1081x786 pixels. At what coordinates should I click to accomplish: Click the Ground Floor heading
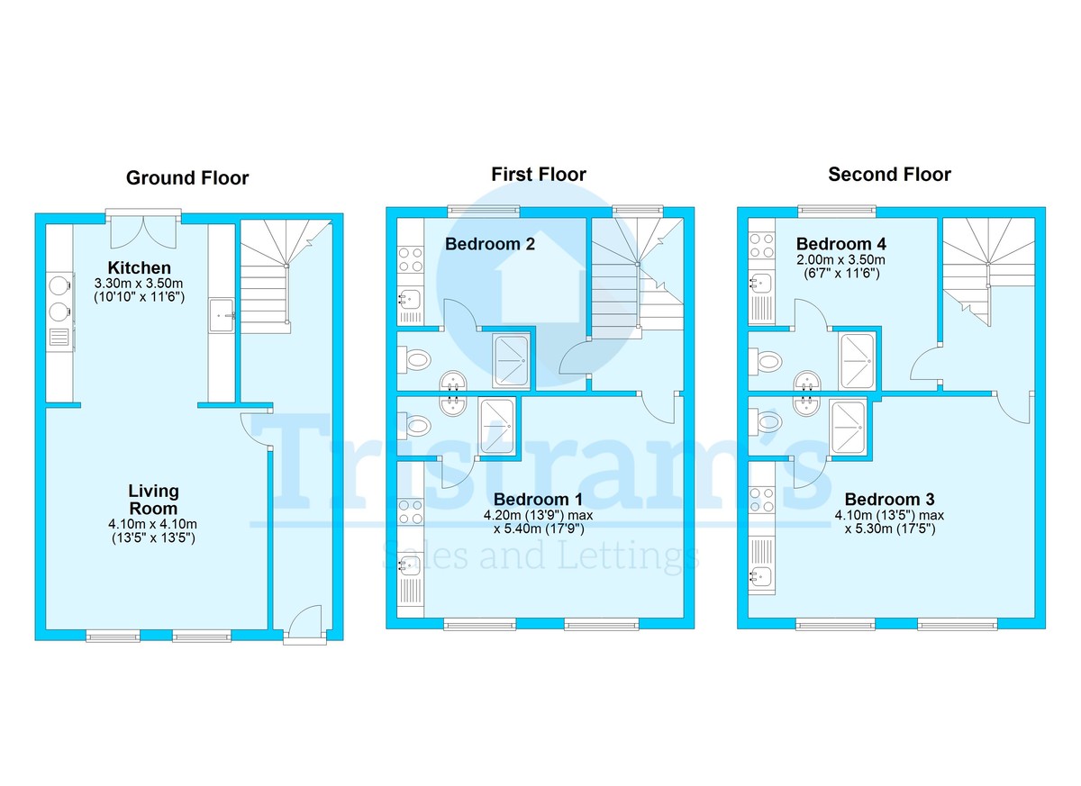tap(187, 178)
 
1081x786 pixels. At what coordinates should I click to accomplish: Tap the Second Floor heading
tap(889, 174)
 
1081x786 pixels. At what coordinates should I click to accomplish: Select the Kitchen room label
tap(139, 267)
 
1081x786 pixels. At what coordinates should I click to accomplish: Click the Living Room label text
tap(153, 500)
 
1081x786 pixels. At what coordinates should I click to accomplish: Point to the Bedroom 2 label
tap(490, 244)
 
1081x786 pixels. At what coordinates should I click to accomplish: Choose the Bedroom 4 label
tap(841, 244)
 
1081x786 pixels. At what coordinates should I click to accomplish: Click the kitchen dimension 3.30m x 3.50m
tap(139, 283)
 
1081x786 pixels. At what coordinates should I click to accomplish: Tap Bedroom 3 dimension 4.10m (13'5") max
tap(889, 515)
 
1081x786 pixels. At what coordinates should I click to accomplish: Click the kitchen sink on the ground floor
tap(222, 315)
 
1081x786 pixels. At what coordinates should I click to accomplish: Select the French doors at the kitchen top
tap(143, 231)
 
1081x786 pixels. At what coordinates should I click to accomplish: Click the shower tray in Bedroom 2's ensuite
tap(511, 361)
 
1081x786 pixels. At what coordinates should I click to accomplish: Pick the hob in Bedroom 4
tap(761, 246)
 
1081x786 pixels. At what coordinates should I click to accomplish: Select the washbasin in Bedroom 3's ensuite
tap(805, 405)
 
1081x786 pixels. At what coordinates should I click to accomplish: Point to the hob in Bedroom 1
tap(410, 512)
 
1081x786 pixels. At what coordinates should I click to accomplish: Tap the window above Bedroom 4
tap(836, 210)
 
